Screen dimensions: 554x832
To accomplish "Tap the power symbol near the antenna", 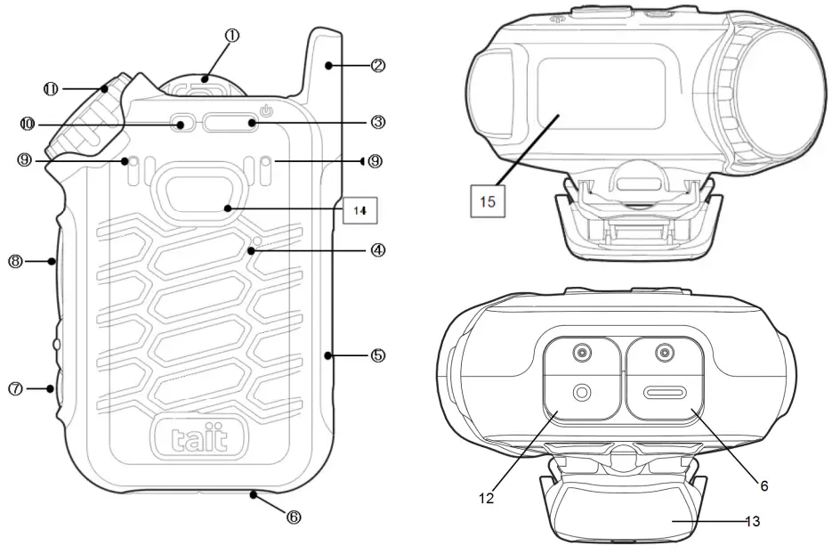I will pos(264,111).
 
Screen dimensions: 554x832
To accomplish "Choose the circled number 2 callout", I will pos(378,65).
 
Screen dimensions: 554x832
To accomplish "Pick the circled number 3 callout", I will pos(378,121).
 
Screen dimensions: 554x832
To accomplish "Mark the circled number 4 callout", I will pos(378,250).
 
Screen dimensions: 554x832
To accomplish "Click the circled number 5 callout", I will pos(378,354).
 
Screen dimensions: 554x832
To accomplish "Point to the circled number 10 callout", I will pos(27,122).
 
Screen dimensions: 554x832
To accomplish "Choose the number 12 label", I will pos(486,499).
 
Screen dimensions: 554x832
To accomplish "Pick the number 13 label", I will pos(752,521).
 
